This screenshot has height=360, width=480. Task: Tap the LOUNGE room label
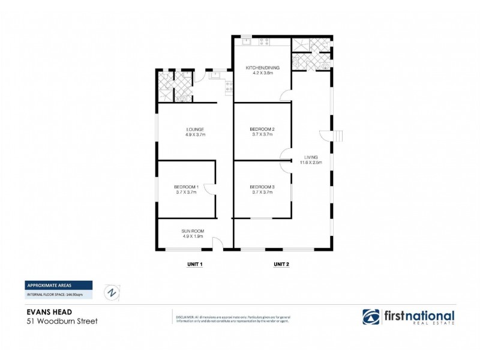click(195, 129)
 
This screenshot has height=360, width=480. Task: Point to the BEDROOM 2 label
click(262, 129)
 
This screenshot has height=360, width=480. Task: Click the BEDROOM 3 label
click(262, 187)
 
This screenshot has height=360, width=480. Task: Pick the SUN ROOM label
click(193, 230)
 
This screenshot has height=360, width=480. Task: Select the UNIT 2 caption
click(282, 264)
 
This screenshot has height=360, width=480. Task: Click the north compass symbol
click(112, 292)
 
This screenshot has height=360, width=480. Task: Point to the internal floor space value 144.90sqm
click(80, 295)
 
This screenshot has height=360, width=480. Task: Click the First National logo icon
click(370, 317)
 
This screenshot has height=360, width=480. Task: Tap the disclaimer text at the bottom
click(233, 319)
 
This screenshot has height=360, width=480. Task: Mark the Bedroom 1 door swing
click(209, 190)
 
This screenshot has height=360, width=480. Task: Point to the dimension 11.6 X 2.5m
click(311, 163)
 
